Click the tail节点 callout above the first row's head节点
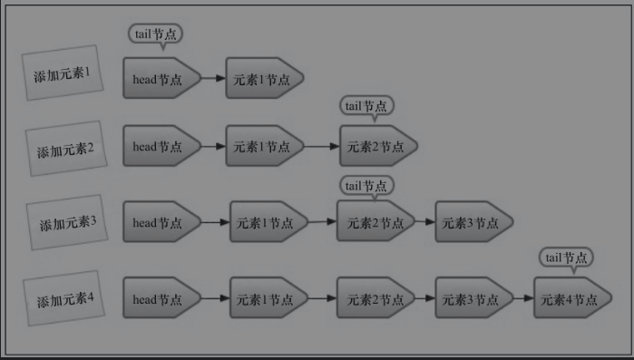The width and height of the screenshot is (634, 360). pyautogui.click(x=155, y=34)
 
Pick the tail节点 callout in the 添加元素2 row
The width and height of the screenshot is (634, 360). pyautogui.click(x=367, y=106)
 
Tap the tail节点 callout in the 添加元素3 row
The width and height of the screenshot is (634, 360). pyautogui.click(x=367, y=186)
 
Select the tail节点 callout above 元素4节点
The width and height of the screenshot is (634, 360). pyautogui.click(x=567, y=258)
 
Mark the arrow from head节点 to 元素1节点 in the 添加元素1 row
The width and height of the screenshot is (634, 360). pyautogui.click(x=214, y=79)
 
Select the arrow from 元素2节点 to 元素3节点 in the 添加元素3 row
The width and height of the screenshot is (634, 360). pyautogui.click(x=425, y=222)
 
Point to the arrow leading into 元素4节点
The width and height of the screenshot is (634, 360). pyautogui.click(x=523, y=298)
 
